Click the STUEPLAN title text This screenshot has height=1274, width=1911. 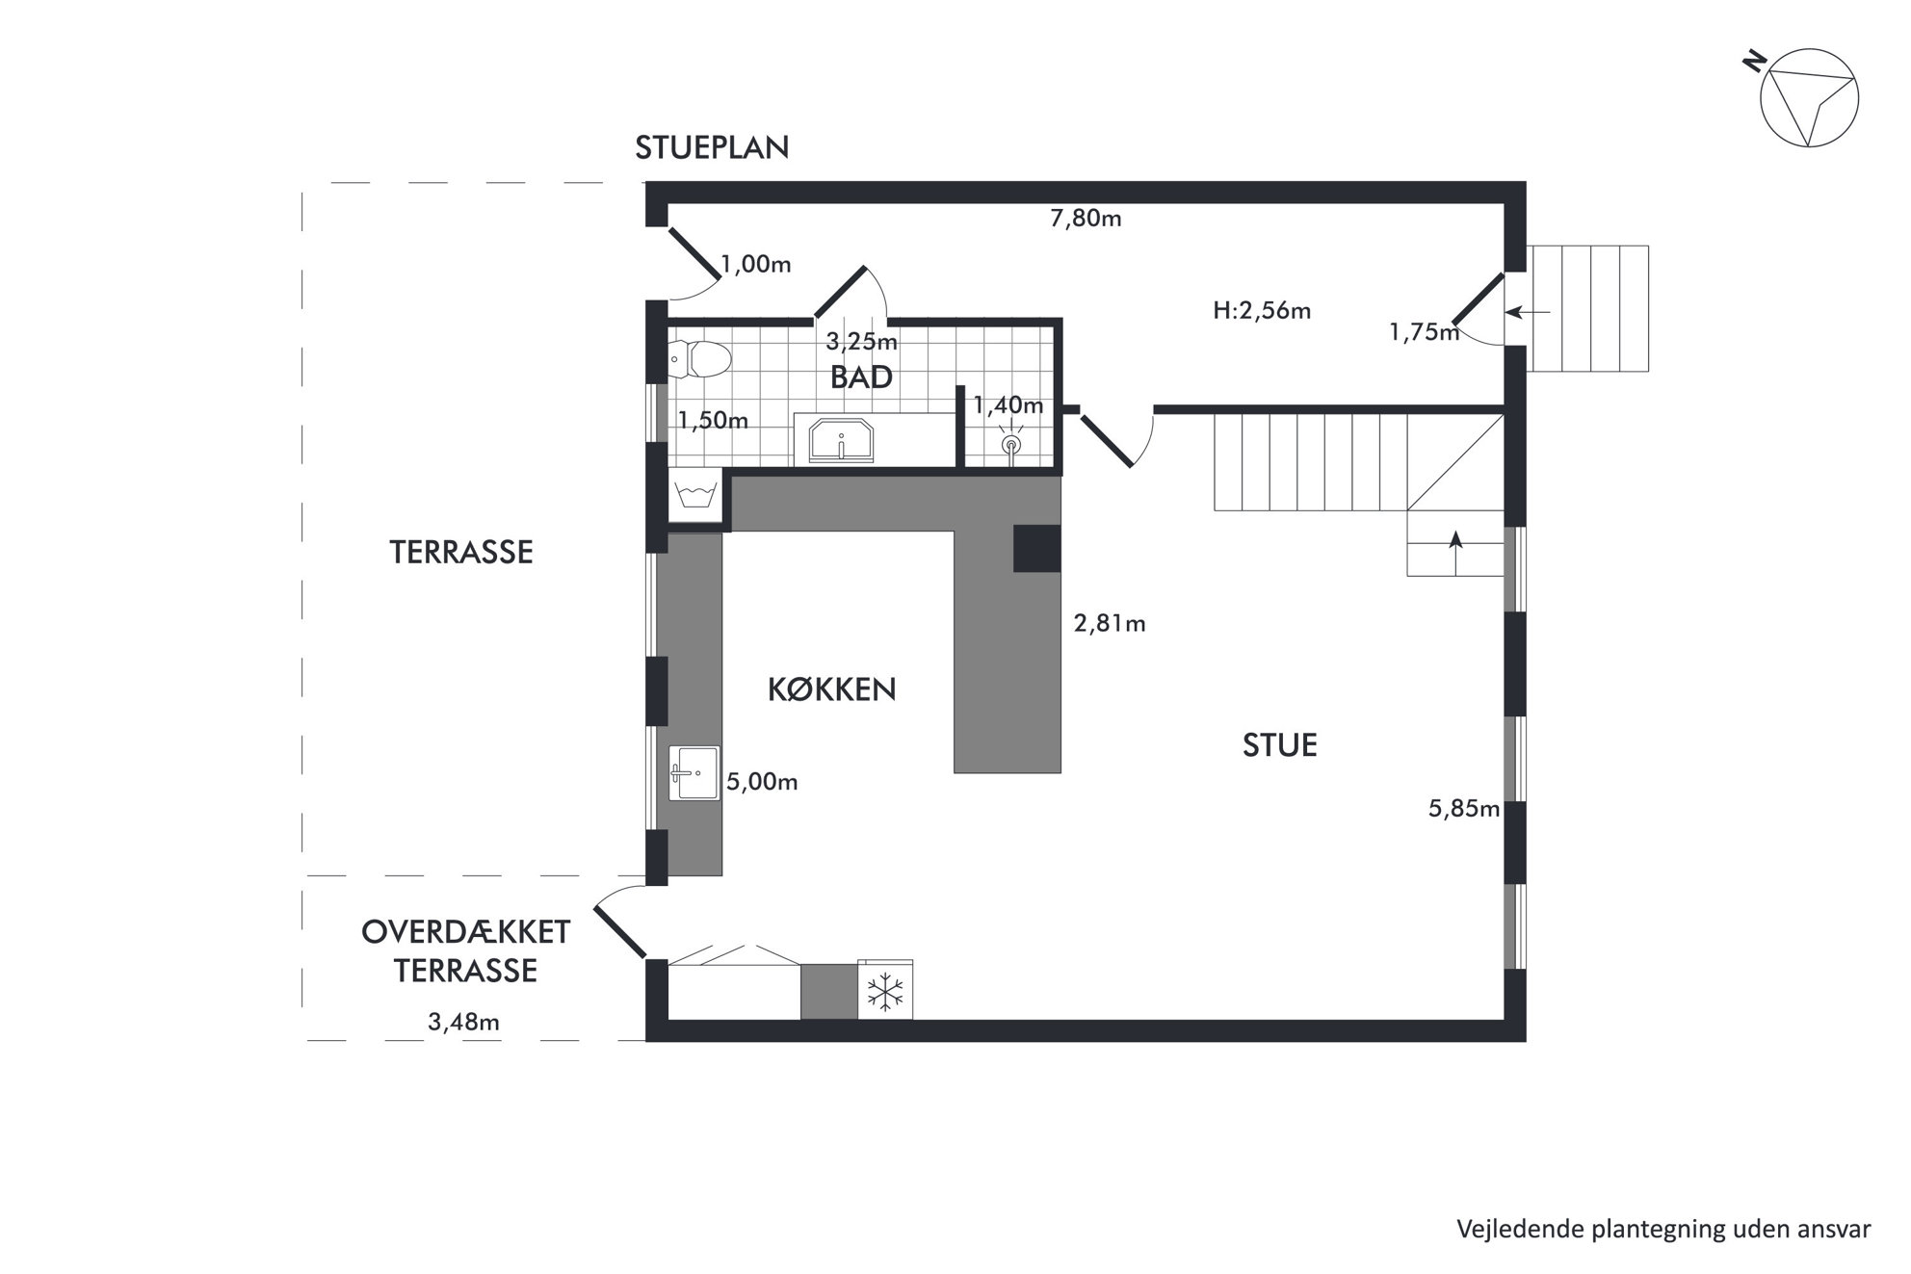pyautogui.click(x=712, y=147)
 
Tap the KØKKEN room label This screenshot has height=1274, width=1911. pyautogui.click(x=831, y=689)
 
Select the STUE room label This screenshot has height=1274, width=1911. pyautogui.click(x=1279, y=745)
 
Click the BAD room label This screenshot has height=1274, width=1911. pyautogui.click(x=861, y=377)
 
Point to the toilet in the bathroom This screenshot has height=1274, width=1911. pyautogui.click(x=700, y=360)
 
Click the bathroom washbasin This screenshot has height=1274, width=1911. pyautogui.click(x=841, y=440)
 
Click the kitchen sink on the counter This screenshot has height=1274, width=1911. pyautogui.click(x=694, y=772)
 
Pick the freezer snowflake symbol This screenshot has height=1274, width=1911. pyautogui.click(x=884, y=992)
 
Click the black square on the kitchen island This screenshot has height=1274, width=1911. pyautogui.click(x=1036, y=549)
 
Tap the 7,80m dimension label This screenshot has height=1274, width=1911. pyautogui.click(x=1086, y=219)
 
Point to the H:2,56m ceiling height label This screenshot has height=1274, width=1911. pyautogui.click(x=1262, y=311)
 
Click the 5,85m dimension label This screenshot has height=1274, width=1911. pyautogui.click(x=1464, y=809)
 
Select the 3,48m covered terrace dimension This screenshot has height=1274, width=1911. pyautogui.click(x=463, y=1022)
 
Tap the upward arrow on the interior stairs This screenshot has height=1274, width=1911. pyautogui.click(x=1455, y=552)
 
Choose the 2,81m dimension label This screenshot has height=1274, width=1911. pyautogui.click(x=1110, y=624)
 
